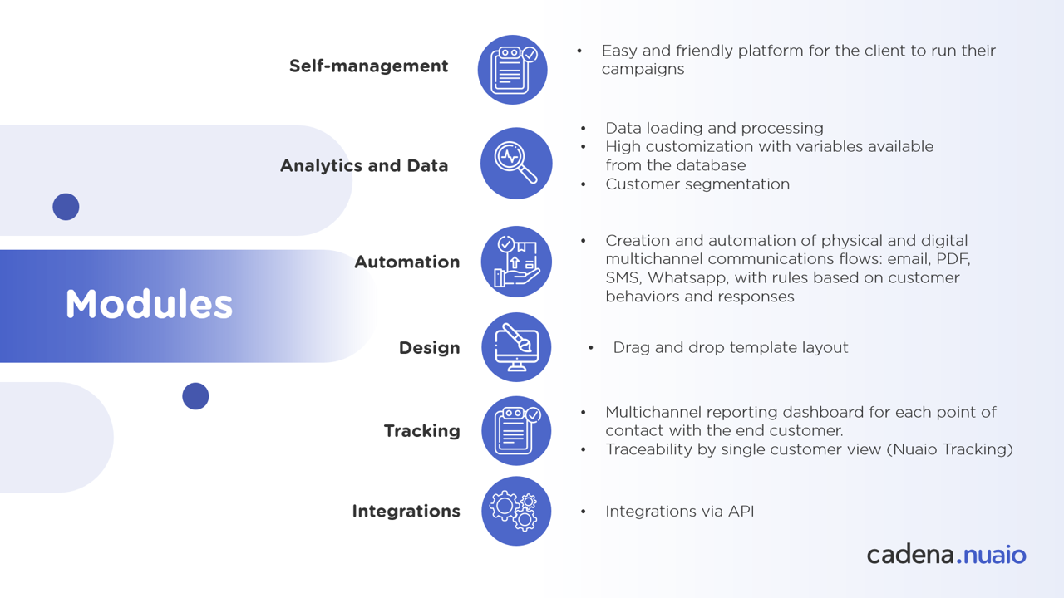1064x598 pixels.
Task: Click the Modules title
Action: coord(149,304)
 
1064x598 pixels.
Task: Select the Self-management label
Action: coord(368,66)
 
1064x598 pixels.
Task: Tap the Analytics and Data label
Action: coord(363,165)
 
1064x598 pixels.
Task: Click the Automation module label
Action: coord(406,262)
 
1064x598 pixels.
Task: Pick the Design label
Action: coord(429,348)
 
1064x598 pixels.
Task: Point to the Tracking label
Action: coord(421,431)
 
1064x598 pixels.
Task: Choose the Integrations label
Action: coord(406,512)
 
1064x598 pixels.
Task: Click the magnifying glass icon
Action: coord(516,163)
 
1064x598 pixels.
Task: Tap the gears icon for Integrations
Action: coord(516,511)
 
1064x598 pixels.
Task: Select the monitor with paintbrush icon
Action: coord(516,347)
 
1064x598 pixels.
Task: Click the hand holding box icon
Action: coord(516,262)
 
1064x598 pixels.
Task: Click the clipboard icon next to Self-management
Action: coord(513,70)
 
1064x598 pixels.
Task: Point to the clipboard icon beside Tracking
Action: coord(516,430)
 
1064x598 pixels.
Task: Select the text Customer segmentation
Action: coord(697,184)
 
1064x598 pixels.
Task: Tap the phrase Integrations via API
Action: coord(679,512)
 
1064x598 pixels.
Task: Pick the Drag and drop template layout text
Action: coord(730,348)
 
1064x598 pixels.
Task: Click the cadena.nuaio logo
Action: coord(946,554)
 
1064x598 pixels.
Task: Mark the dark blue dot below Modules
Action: coord(195,396)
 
